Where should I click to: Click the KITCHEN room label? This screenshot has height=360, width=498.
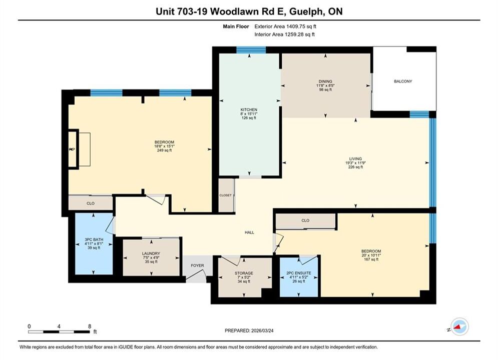pyautogui.click(x=249, y=109)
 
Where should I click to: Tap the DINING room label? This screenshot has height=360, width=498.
pyautogui.click(x=325, y=81)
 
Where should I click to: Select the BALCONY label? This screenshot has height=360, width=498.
pyautogui.click(x=403, y=81)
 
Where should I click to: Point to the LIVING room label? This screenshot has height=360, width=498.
pyautogui.click(x=355, y=159)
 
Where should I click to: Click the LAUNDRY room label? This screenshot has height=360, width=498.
pyautogui.click(x=151, y=253)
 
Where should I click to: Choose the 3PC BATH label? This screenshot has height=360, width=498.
pyautogui.click(x=94, y=239)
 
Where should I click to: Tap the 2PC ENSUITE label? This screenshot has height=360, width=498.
pyautogui.click(x=298, y=273)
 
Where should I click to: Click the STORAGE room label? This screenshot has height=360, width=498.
pyautogui.click(x=244, y=273)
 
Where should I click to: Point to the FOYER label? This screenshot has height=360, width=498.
pyautogui.click(x=197, y=265)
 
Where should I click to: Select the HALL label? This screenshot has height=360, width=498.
pyautogui.click(x=249, y=232)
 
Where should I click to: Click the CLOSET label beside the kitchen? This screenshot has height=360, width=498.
pyautogui.click(x=226, y=195)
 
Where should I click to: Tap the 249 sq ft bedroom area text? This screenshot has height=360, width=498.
pyautogui.click(x=164, y=150)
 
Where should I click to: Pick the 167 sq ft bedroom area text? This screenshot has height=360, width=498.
pyautogui.click(x=371, y=259)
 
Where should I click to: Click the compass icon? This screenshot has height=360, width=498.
pyautogui.click(x=459, y=326)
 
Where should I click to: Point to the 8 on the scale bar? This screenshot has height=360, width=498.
pyautogui.click(x=90, y=326)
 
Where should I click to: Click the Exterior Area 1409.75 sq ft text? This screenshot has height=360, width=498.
pyautogui.click(x=285, y=26)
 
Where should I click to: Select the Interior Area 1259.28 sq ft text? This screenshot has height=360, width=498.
pyautogui.click(x=285, y=34)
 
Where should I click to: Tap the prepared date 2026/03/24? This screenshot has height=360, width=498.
pyautogui.click(x=262, y=330)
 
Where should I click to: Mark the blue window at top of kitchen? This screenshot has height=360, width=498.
pyautogui.click(x=251, y=50)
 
